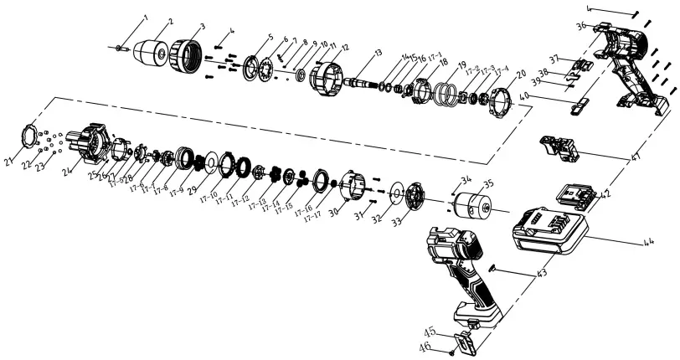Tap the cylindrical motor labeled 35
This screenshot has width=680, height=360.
476,205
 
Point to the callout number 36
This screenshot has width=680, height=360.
580,26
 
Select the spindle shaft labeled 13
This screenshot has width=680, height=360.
359,82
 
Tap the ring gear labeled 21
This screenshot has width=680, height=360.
28,134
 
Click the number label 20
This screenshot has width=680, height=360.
522,73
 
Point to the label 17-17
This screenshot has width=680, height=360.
312,217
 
